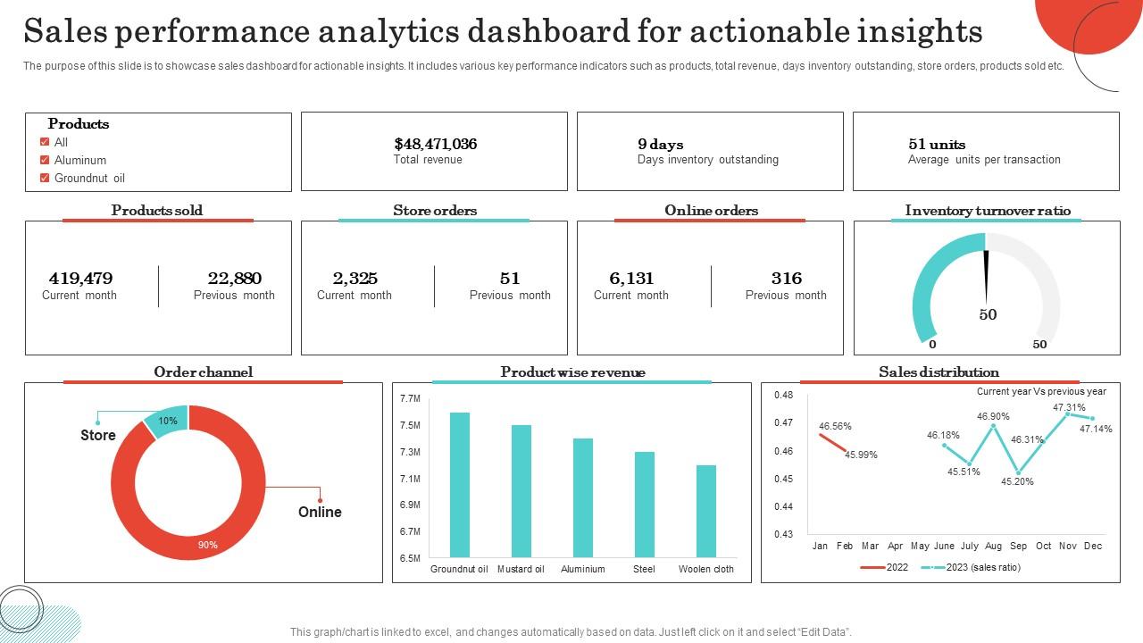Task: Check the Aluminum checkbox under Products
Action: click(x=45, y=160)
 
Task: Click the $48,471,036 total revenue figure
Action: click(x=435, y=144)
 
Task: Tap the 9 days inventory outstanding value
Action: click(x=660, y=144)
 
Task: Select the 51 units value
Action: click(x=936, y=144)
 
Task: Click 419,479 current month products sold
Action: click(x=80, y=278)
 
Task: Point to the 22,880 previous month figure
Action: click(x=234, y=278)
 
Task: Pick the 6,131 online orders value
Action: click(x=631, y=278)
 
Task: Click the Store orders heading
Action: click(x=435, y=211)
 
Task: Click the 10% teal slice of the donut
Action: click(x=167, y=421)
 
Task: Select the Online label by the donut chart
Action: click(x=320, y=512)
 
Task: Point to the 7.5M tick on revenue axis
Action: click(x=410, y=425)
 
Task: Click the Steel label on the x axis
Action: click(x=644, y=569)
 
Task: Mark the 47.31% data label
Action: click(x=1069, y=407)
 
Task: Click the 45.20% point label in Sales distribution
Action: click(x=1017, y=481)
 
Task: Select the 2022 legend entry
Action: click(x=897, y=567)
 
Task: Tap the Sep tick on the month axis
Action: click(x=1018, y=546)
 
